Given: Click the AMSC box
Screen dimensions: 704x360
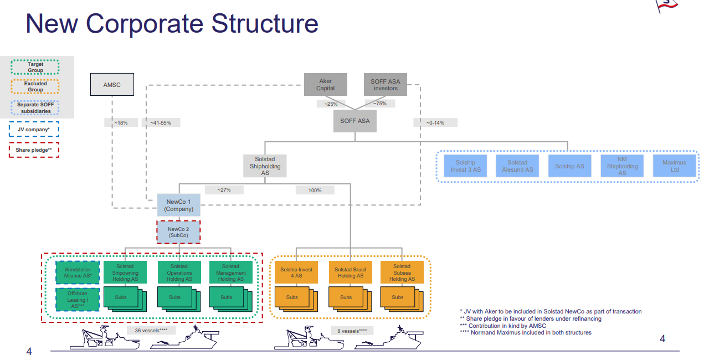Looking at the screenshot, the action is coord(112,85).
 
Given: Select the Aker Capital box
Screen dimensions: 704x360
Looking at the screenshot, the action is coord(325,85).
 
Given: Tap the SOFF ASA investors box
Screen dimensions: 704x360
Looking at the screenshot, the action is coord(386,85).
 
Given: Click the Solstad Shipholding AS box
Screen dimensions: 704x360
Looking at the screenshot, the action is coord(265,166).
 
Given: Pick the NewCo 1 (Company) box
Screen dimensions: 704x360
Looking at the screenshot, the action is coord(178,205).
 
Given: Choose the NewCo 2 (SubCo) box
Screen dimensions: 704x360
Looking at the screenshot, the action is coord(178,232).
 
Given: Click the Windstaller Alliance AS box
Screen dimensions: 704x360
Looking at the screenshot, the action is coord(78,272).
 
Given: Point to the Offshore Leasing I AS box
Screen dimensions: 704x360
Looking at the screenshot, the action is coord(78,300).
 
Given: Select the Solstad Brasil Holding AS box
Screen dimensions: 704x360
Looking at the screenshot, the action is coord(351,272).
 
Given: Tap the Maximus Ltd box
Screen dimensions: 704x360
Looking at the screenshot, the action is coord(675,166).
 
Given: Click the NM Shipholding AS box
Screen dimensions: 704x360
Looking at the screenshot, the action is coord(622,166).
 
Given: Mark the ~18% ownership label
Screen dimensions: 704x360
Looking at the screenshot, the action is coord(121,122).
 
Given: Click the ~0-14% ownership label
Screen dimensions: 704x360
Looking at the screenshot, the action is coord(435,122).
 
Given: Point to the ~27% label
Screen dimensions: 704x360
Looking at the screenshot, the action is coord(224,190).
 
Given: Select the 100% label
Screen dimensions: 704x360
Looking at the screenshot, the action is coord(315,191).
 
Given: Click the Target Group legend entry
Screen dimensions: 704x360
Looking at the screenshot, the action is coord(35,67).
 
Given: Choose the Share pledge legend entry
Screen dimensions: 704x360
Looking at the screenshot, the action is coord(34,150).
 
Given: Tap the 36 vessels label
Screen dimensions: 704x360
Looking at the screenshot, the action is coord(151,331).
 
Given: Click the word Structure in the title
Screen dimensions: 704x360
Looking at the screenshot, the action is coord(265,23).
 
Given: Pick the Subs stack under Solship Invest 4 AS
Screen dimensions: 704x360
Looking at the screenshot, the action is coord(296,299).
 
